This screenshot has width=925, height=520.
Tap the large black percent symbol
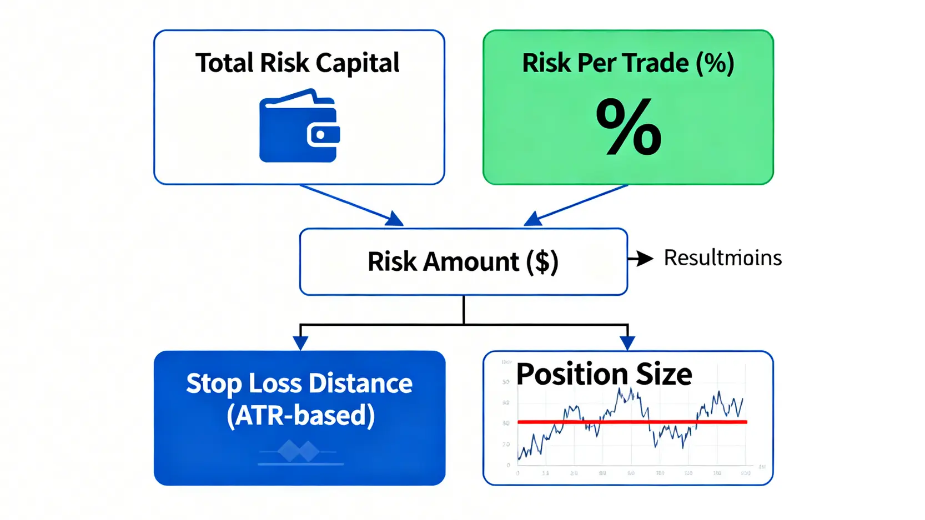(629, 127)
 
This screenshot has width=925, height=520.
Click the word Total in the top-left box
(224, 63)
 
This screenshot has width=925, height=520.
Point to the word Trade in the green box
(655, 63)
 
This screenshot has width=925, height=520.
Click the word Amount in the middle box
(471, 261)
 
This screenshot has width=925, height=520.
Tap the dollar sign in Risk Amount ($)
(542, 261)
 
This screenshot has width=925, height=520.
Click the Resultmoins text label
(722, 258)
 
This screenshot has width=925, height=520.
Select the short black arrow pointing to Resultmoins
(641, 259)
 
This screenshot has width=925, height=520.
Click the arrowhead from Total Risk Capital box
(395, 219)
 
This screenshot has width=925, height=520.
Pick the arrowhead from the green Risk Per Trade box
(532, 219)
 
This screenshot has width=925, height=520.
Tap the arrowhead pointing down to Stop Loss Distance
(300, 342)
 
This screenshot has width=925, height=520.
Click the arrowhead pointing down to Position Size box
(627, 342)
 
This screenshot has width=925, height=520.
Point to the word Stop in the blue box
(214, 384)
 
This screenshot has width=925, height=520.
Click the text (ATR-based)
(300, 415)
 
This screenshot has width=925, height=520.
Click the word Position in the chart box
(572, 375)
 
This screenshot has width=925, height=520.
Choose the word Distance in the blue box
(360, 383)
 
